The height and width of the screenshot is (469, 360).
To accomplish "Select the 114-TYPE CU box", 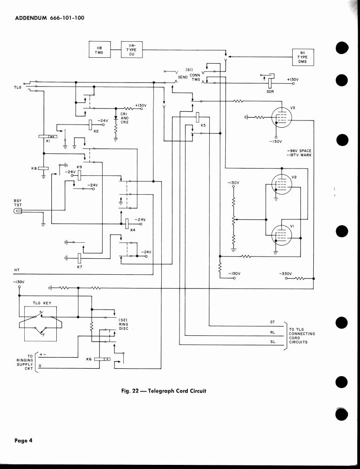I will pyautogui.click(x=131, y=49).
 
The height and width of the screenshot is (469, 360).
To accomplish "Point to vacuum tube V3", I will pyautogui.click(x=280, y=118).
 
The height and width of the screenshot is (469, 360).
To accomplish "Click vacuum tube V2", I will pyautogui.click(x=280, y=185).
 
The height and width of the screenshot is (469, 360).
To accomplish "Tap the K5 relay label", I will pyautogui.click(x=203, y=125).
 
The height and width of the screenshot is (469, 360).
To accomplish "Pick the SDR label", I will pyautogui.click(x=270, y=91).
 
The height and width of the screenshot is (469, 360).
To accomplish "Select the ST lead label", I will pyautogui.click(x=273, y=322).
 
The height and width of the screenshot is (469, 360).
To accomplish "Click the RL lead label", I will pyautogui.click(x=273, y=333).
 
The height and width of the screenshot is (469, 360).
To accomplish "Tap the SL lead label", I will pyautogui.click(x=273, y=341).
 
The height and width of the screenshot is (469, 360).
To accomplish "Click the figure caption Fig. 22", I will pyautogui.click(x=164, y=391).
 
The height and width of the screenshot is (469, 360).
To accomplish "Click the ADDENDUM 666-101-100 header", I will pyautogui.click(x=49, y=18).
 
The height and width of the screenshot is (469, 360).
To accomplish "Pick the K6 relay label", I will pyautogui.click(x=90, y=359).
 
